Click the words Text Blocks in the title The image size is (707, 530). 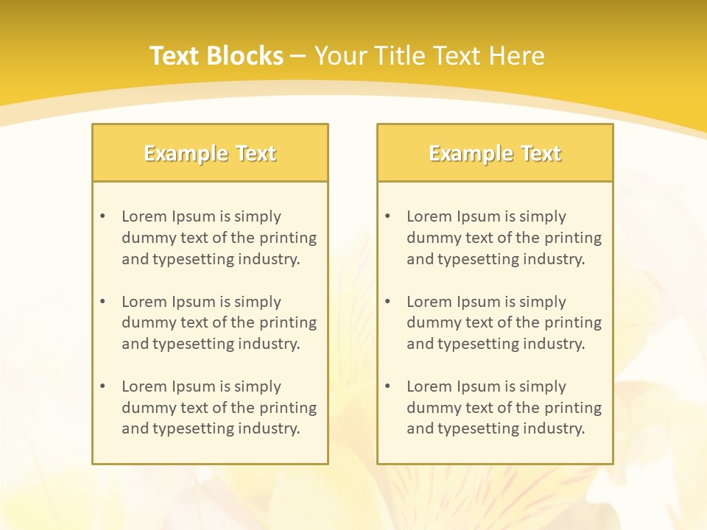pos(216,56)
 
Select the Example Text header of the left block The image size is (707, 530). pos(210,153)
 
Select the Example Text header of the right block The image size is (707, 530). pos(495,153)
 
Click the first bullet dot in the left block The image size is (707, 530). pos(102,216)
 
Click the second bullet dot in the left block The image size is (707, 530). pos(102,302)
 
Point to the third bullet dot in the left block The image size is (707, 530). pos(102,386)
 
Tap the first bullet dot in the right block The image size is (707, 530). pos(387,216)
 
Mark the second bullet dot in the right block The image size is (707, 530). pos(387,302)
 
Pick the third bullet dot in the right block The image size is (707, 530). pos(387,386)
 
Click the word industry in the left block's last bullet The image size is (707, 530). pos(270,428)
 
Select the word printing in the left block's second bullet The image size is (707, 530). pos(288,322)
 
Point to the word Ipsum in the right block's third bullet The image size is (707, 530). pos(479,386)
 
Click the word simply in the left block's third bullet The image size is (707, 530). pos(258,386)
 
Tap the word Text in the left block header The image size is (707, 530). pos(256,153)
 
